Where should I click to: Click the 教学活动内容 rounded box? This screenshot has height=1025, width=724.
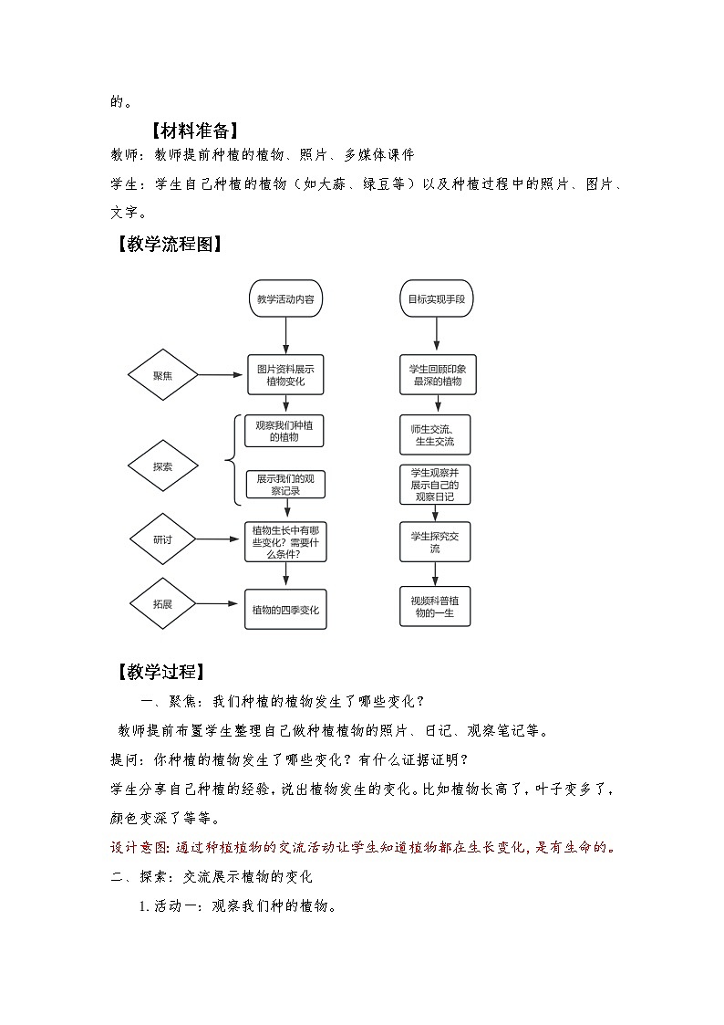click(x=285, y=298)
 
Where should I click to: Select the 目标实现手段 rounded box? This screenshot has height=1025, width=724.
click(x=436, y=298)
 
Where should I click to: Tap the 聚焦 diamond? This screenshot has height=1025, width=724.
click(x=162, y=375)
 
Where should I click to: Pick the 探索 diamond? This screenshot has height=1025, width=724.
click(x=162, y=466)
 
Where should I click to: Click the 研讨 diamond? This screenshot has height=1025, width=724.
click(x=162, y=539)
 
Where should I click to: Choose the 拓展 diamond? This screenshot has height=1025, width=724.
click(x=162, y=603)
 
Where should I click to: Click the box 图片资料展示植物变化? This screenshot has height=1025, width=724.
click(x=285, y=375)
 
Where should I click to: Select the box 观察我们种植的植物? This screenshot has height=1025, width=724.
click(x=285, y=432)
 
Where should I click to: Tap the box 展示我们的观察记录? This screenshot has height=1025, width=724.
click(x=285, y=484)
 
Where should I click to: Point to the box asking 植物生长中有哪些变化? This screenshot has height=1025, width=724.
click(x=285, y=540)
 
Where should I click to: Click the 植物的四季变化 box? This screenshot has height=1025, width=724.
click(x=285, y=609)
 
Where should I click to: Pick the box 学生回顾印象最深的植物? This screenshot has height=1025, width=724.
click(x=435, y=374)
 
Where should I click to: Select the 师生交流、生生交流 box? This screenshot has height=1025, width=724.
click(x=435, y=435)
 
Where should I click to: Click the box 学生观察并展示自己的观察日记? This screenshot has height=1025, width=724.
click(x=435, y=485)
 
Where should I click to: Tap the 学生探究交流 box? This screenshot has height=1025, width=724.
click(x=435, y=542)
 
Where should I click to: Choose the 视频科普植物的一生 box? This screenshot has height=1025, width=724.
click(x=435, y=606)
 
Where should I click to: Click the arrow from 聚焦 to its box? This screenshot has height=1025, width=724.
click(x=222, y=375)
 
